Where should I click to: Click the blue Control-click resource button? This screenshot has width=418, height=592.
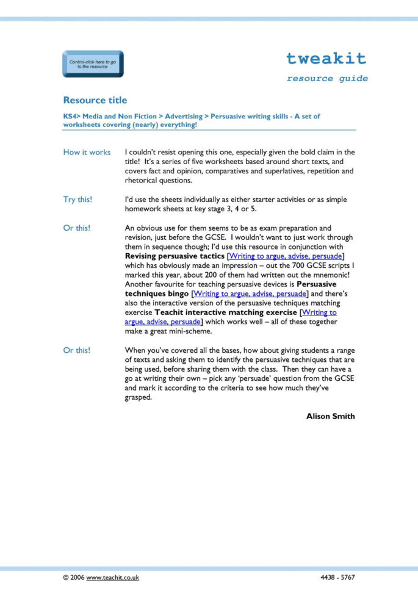tap(93, 64)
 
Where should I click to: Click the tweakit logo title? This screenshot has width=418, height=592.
tap(326, 59)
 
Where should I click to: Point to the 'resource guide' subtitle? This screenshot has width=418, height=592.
tap(327, 79)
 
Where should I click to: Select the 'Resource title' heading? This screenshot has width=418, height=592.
tap(95, 100)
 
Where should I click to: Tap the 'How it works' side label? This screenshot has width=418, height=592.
tap(87, 152)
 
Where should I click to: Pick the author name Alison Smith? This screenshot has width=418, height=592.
tap(330, 416)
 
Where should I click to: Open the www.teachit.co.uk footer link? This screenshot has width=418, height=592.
tap(113, 577)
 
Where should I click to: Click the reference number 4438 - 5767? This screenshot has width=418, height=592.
tap(337, 577)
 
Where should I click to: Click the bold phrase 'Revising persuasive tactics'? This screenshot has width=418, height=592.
tap(175, 256)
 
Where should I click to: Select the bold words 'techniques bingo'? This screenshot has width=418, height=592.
tap(157, 294)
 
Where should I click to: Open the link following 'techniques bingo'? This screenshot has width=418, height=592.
tap(250, 294)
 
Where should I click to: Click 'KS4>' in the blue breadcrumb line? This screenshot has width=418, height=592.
tap(71, 116)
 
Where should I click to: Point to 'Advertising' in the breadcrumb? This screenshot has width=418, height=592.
tap(184, 116)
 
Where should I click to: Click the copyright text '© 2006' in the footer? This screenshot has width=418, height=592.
tap(73, 577)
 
